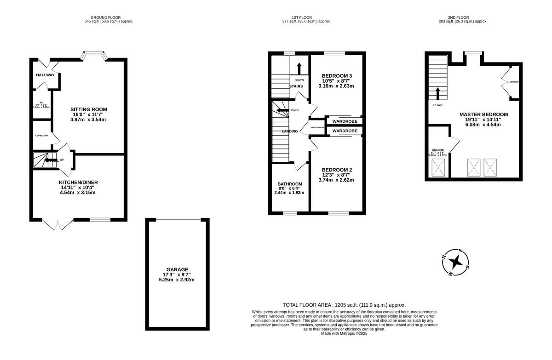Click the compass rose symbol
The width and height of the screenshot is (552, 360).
click(455, 262)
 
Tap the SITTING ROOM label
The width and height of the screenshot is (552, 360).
click(88, 109)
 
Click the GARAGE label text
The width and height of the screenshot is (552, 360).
click(177, 269)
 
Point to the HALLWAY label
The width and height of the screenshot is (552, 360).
click(45, 75)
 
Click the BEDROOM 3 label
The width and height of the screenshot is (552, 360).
click(337, 76)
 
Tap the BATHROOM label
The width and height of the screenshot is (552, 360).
click(290, 184)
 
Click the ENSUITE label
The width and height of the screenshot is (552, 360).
click(438, 150)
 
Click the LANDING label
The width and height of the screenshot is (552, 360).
click(290, 131)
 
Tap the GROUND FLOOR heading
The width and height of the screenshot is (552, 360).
click(109, 17)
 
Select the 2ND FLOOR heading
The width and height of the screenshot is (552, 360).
click(463, 17)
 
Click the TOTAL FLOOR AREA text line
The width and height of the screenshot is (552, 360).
click(344, 305)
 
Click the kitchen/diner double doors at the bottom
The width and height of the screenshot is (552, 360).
click(57, 224)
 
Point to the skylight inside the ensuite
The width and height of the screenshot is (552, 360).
click(437, 169)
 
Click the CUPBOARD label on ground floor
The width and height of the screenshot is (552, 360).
click(41, 136)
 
